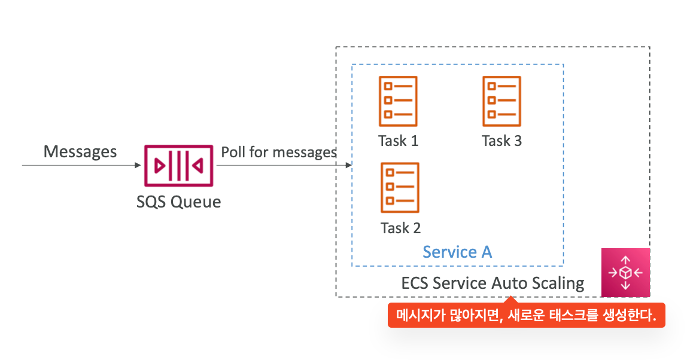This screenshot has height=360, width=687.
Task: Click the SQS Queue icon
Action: click(178, 165)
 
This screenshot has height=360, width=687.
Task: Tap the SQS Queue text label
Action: click(178, 202)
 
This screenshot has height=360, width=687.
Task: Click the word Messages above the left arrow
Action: click(80, 151)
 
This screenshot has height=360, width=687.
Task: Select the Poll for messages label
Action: click(279, 152)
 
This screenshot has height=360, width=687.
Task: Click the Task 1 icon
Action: click(398, 101)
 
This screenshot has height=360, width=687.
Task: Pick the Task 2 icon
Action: click(400, 188)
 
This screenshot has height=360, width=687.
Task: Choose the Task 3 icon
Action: click(501, 101)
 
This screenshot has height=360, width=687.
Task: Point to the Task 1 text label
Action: click(398, 141)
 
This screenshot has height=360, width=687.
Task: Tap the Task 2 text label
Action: click(400, 228)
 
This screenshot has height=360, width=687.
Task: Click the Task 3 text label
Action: click(501, 141)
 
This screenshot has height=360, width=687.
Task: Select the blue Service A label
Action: click(457, 252)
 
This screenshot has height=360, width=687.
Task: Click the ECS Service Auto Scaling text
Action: click(493, 282)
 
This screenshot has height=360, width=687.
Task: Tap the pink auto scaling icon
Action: click(625, 273)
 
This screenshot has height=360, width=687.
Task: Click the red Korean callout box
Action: click(526, 316)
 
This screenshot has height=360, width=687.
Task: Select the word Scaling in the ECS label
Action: click(557, 282)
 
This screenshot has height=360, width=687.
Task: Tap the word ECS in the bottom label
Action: click(415, 282)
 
